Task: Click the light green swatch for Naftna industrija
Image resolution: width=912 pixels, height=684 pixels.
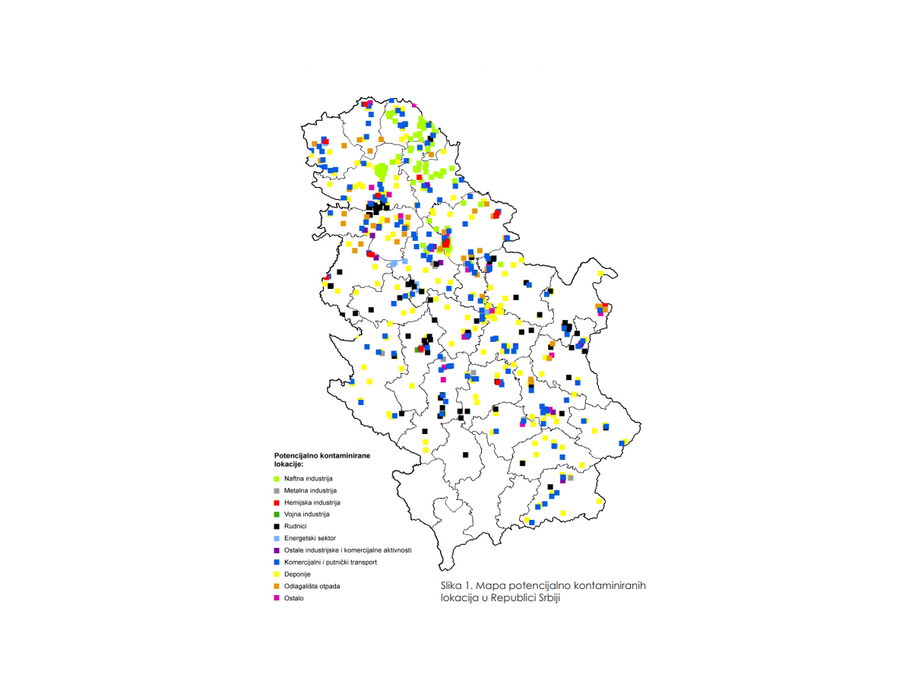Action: pyautogui.click(x=276, y=479)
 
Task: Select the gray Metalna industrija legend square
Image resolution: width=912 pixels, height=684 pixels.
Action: pyautogui.click(x=276, y=491)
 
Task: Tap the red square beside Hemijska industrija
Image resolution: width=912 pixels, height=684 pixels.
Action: pyautogui.click(x=276, y=502)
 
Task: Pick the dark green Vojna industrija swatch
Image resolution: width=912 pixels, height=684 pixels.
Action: pyautogui.click(x=276, y=515)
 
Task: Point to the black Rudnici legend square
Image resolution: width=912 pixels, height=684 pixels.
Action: pyautogui.click(x=276, y=526)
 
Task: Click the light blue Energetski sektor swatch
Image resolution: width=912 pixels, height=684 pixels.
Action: pyautogui.click(x=276, y=538)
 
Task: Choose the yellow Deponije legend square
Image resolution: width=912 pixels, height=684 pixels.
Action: pyautogui.click(x=276, y=574)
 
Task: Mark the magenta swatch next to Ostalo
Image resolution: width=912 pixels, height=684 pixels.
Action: pyautogui.click(x=276, y=597)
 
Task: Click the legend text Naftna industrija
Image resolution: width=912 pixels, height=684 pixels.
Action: pyautogui.click(x=309, y=479)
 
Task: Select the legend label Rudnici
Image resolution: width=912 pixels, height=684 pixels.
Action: pyautogui.click(x=296, y=526)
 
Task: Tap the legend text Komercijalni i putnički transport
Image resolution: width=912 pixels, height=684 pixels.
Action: pyautogui.click(x=331, y=562)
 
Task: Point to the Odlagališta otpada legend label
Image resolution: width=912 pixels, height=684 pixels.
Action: pyautogui.click(x=312, y=586)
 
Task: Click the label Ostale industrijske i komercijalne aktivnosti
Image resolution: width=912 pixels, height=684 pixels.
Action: pyautogui.click(x=348, y=550)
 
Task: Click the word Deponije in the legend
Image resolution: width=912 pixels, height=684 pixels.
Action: pyautogui.click(x=298, y=574)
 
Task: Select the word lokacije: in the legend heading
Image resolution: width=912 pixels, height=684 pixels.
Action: pyautogui.click(x=289, y=463)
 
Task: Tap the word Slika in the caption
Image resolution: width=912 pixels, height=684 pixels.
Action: pyautogui.click(x=451, y=586)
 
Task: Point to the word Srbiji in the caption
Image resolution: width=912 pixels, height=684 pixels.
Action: pyautogui.click(x=554, y=598)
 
